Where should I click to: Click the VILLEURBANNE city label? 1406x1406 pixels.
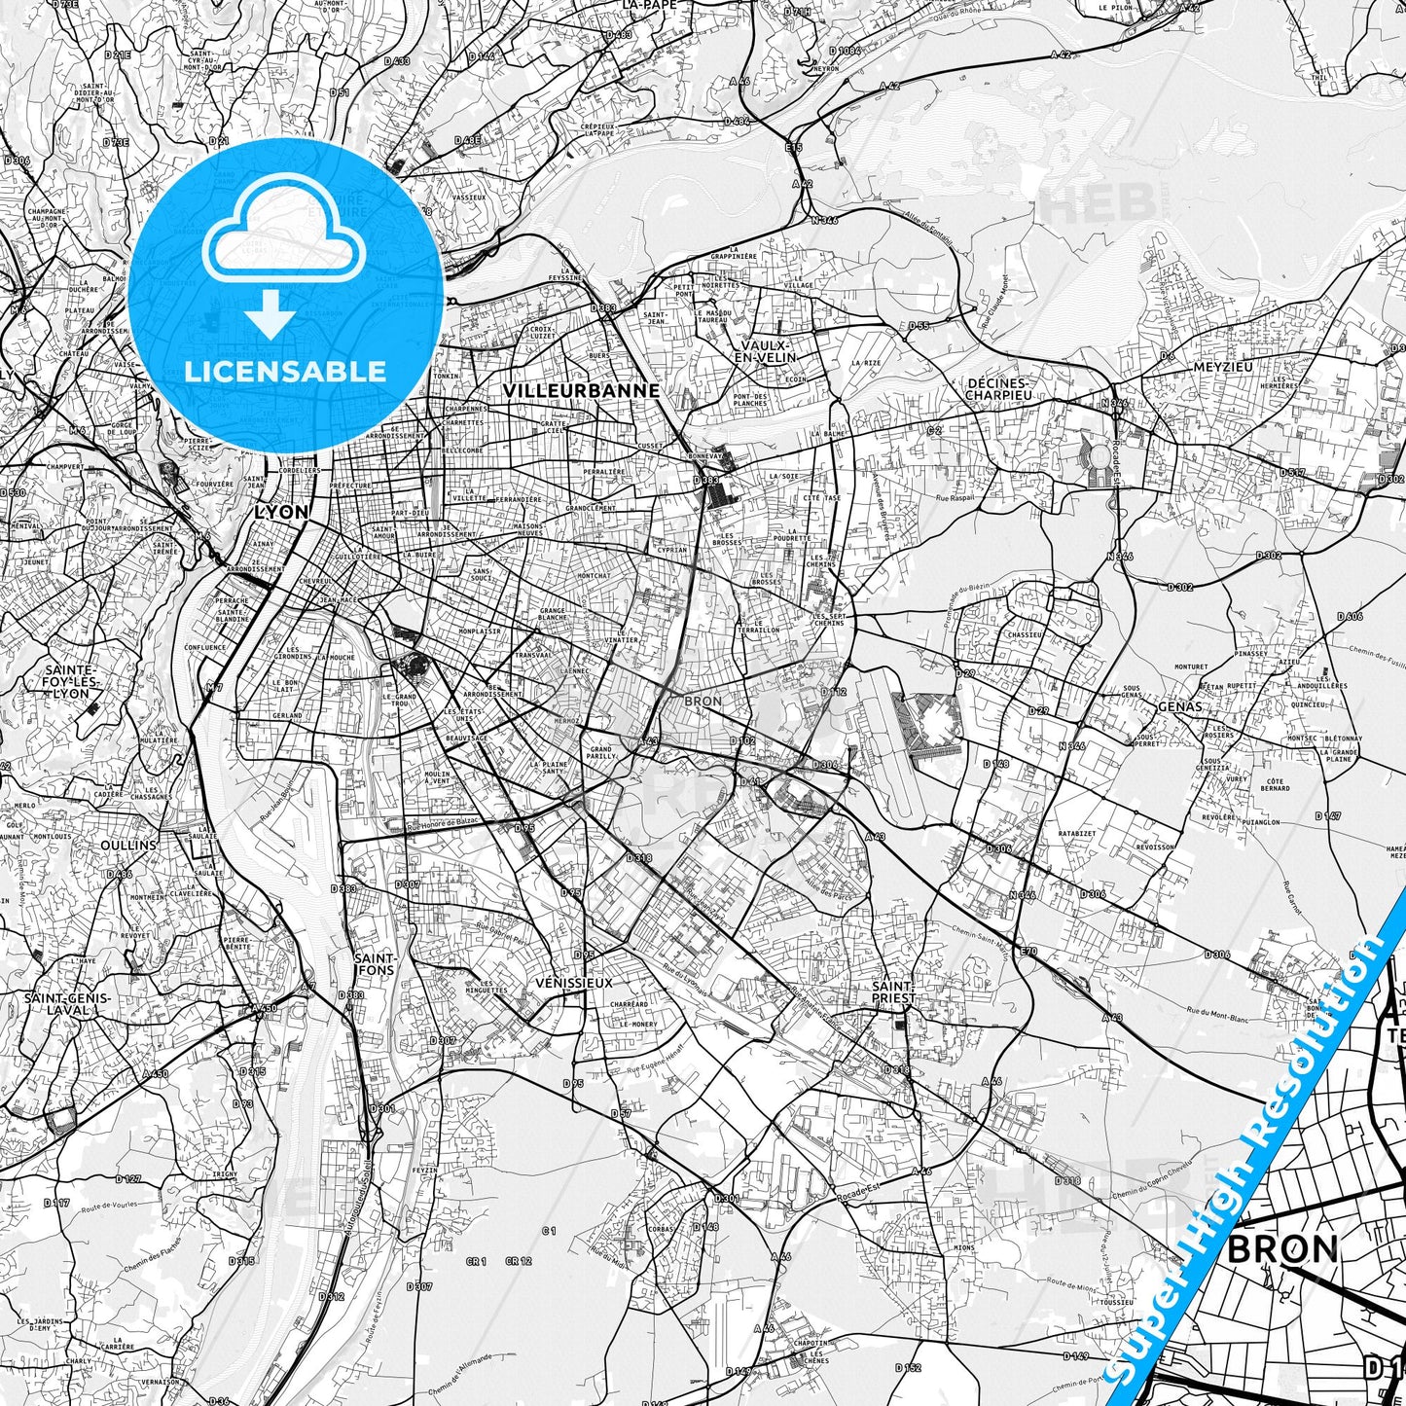pos(581,390)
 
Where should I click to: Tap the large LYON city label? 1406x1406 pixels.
pos(280,512)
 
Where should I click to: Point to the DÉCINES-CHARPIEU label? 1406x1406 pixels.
pos(998,389)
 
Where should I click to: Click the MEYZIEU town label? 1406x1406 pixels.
pos(1222,367)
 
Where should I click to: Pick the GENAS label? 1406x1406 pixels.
pos(1180,706)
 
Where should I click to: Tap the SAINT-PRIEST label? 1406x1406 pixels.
pos(893,991)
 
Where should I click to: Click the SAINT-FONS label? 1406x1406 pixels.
pos(375,963)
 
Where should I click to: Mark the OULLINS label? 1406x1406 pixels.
pos(128,845)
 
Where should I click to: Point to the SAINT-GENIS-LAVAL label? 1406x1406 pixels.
pos(67,1003)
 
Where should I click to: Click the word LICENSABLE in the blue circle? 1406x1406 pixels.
pos(285,371)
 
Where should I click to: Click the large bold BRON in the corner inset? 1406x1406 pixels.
pos(1282,1248)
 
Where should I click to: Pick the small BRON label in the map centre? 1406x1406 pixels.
pos(703,701)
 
